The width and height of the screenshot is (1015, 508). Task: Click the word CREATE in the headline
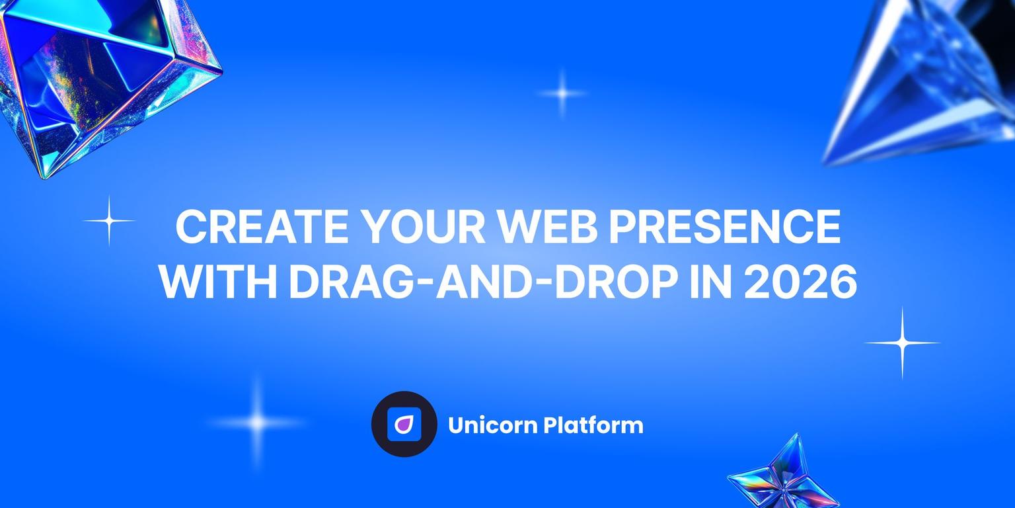262,228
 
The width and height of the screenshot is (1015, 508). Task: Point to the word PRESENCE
724,228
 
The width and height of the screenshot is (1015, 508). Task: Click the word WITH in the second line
217,283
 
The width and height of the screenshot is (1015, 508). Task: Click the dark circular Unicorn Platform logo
404,424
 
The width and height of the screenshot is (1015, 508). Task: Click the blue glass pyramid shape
925,79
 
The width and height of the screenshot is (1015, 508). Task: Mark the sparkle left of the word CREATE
109,220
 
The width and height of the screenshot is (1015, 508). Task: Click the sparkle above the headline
562,93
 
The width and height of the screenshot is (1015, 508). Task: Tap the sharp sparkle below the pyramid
902,343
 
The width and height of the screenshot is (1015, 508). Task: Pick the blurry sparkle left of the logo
257,422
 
